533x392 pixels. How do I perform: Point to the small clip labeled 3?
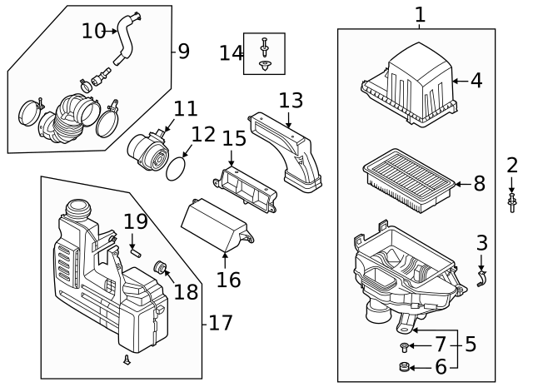(481, 278)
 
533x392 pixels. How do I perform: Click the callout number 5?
(471, 344)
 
